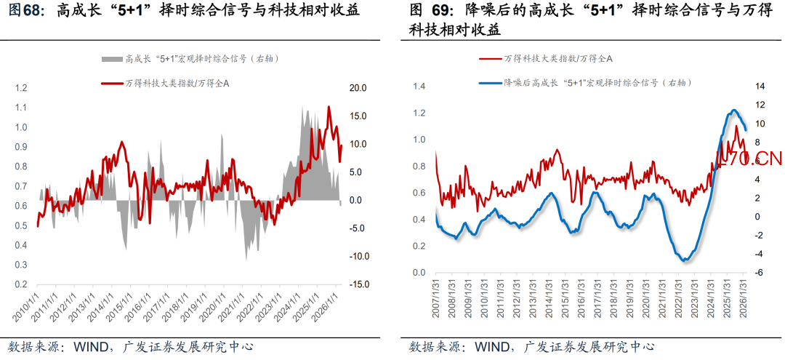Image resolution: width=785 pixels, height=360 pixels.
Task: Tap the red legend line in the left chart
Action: click(111, 84)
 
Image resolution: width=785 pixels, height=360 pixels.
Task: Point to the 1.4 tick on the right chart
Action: click(419, 87)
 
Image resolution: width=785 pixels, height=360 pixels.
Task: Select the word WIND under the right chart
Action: click(491, 346)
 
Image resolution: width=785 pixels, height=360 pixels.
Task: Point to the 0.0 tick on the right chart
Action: click(419, 273)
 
